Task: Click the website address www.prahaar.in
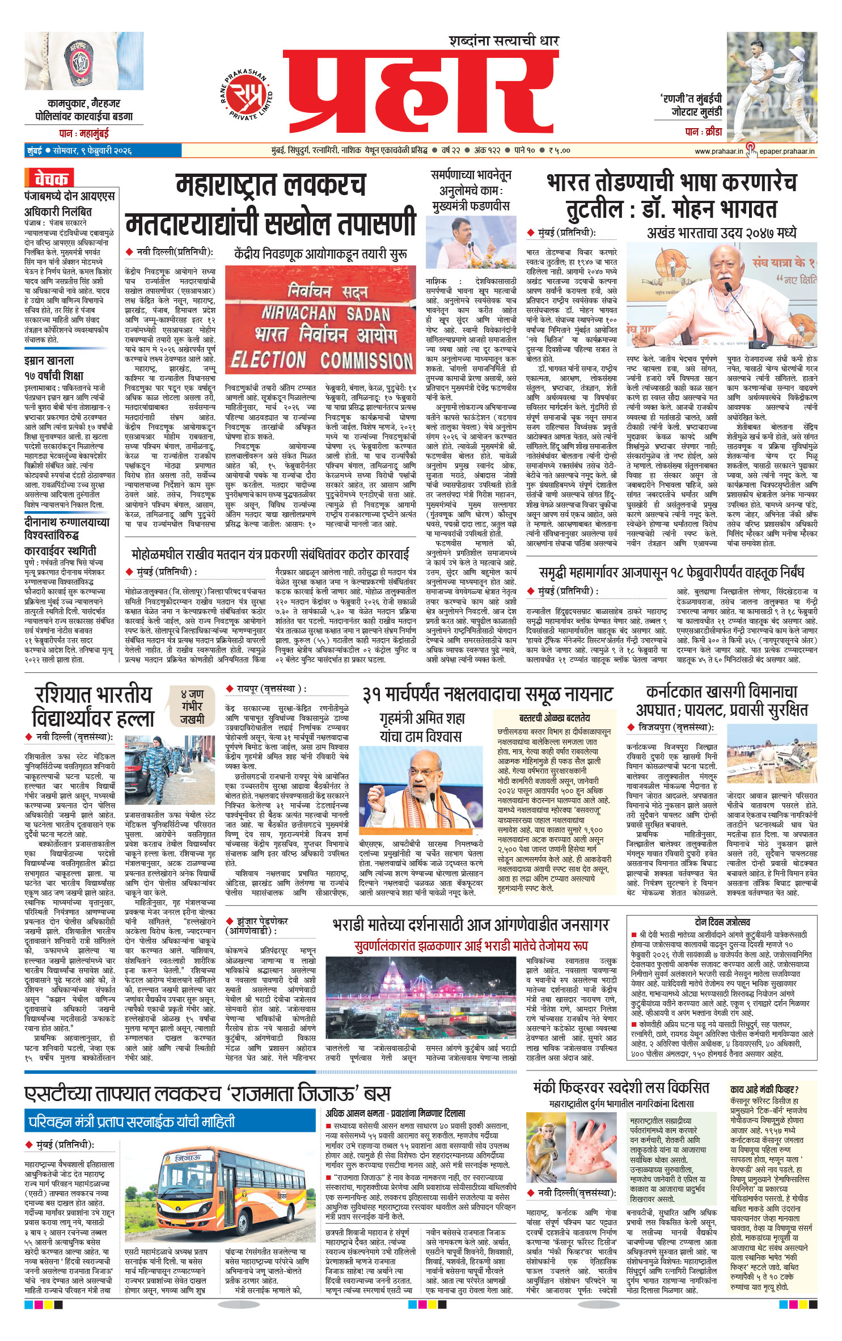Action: pyautogui.click(x=718, y=151)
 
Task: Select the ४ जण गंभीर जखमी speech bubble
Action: pyautogui.click(x=192, y=706)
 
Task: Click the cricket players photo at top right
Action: pyautogui.click(x=772, y=87)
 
